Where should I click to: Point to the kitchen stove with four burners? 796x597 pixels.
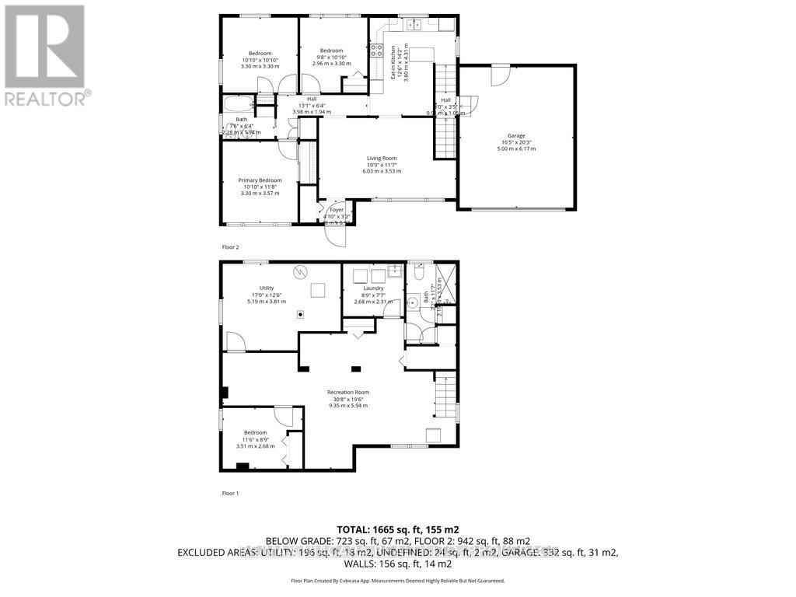tap(376, 51)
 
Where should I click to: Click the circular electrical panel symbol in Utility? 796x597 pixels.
tap(301, 272)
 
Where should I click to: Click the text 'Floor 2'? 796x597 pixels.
tap(231, 247)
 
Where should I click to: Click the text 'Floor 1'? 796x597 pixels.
tap(231, 493)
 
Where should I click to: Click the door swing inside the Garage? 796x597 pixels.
tap(500, 75)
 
